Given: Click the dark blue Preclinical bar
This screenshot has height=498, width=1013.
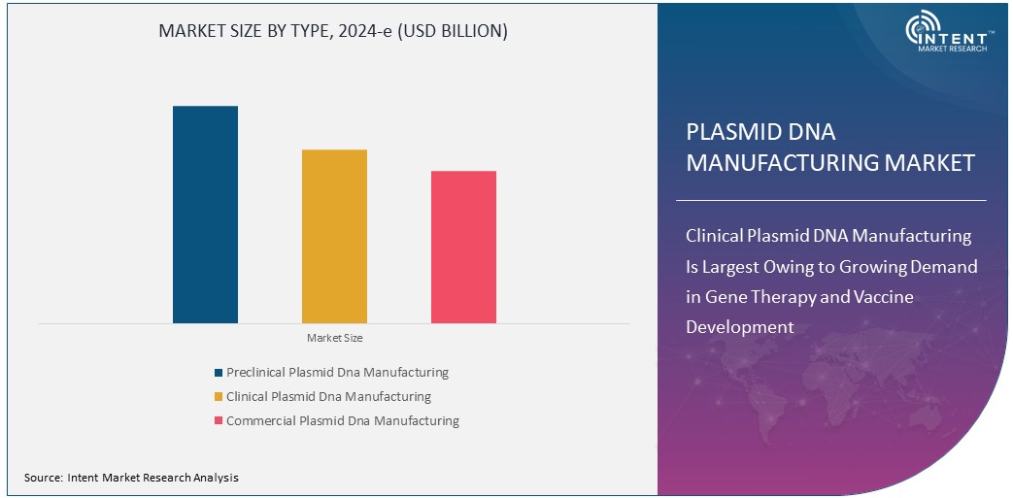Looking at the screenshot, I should [205, 214].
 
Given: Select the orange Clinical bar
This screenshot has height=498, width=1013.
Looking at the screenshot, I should [334, 236].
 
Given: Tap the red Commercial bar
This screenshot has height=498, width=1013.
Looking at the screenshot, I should [463, 247].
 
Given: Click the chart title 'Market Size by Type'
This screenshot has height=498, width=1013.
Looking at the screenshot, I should [333, 31].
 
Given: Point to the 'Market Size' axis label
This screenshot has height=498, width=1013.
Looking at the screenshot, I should [334, 338].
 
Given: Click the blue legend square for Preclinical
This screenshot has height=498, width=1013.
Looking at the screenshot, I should [219, 373].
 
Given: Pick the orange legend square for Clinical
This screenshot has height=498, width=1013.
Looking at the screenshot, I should [219, 397].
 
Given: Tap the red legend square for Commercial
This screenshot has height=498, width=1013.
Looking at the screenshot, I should [219, 421].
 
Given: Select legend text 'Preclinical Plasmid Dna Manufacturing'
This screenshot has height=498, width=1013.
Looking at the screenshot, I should [337, 372].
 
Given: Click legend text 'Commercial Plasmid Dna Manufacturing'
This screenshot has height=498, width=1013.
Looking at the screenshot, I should [343, 420].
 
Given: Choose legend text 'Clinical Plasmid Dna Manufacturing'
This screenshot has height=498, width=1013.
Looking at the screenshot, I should [328, 396].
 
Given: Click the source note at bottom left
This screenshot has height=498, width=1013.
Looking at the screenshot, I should [131, 478].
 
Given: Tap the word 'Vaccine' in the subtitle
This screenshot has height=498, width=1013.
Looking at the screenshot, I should [878, 296].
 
